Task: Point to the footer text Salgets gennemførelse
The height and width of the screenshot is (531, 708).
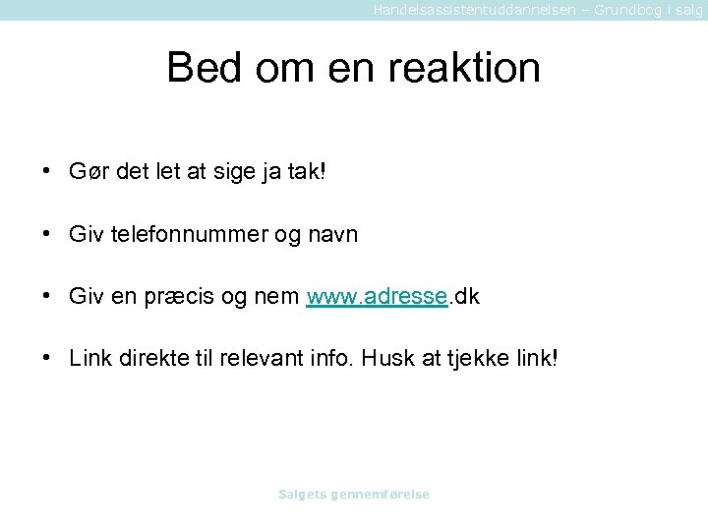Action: (x=354, y=495)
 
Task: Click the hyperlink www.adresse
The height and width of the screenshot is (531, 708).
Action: (x=378, y=296)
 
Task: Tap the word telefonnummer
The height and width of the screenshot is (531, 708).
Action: (x=192, y=235)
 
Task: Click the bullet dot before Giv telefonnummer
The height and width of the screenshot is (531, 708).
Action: (x=47, y=235)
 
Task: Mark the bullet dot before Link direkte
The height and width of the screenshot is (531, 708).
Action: (x=47, y=358)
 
